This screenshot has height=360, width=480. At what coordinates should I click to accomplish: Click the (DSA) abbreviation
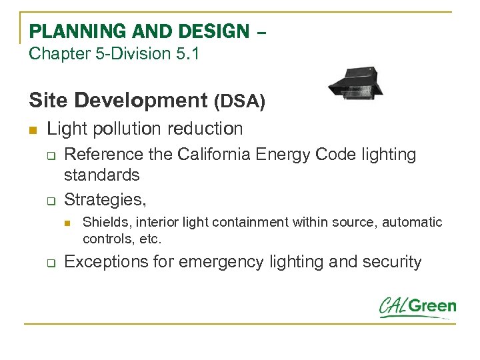[x=239, y=101]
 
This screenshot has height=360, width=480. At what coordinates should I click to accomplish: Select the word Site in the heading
[x=49, y=100]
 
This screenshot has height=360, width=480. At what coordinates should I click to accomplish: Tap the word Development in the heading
[x=142, y=100]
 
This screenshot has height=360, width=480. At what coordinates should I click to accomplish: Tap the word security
[x=393, y=261]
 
